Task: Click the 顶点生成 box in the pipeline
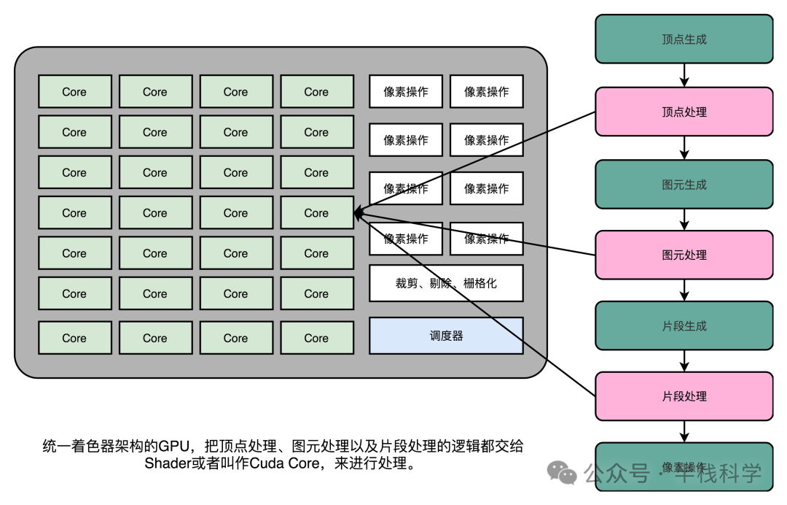click(x=684, y=39)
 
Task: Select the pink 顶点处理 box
click(x=684, y=112)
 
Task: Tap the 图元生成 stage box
click(x=684, y=185)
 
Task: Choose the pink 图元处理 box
click(x=684, y=255)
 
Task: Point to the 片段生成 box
click(x=684, y=325)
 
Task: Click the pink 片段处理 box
click(x=684, y=396)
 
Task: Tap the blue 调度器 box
click(x=446, y=336)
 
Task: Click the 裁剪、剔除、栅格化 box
click(x=446, y=283)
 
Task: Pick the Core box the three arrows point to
click(x=316, y=213)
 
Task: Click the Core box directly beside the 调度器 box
click(x=316, y=338)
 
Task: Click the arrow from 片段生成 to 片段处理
click(x=684, y=361)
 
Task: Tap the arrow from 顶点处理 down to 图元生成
click(x=684, y=148)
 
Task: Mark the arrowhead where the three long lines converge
click(x=358, y=214)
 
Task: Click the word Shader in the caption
click(x=164, y=464)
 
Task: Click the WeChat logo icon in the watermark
click(x=562, y=474)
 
